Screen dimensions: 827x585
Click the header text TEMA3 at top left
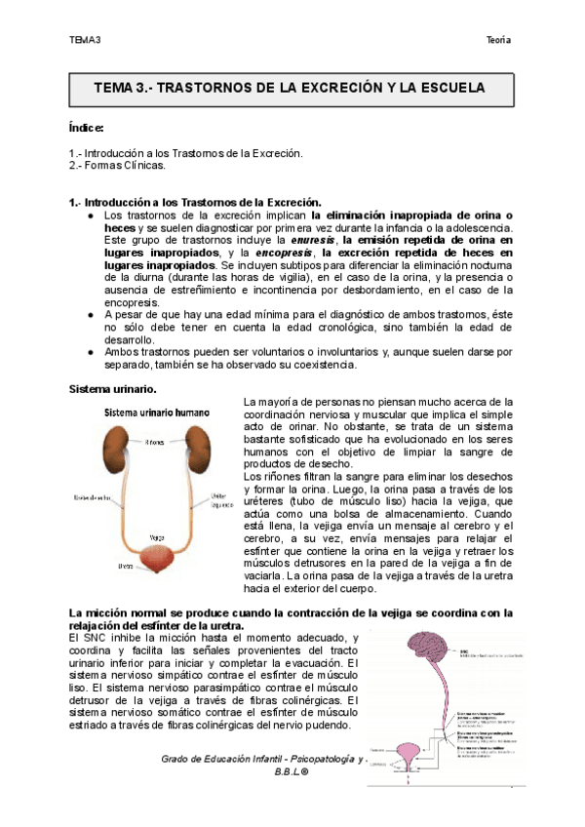85,40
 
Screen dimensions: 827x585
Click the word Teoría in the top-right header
499,40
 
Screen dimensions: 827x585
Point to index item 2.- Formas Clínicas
125,167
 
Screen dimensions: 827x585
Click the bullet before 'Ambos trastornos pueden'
90,353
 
